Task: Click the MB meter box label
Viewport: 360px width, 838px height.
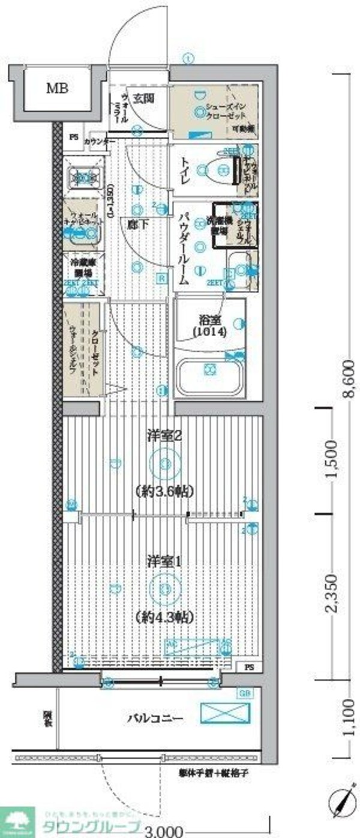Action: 58,89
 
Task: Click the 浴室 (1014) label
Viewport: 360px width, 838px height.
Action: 209,325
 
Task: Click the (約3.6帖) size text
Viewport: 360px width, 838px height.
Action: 164,492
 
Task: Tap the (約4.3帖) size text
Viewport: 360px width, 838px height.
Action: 164,616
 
